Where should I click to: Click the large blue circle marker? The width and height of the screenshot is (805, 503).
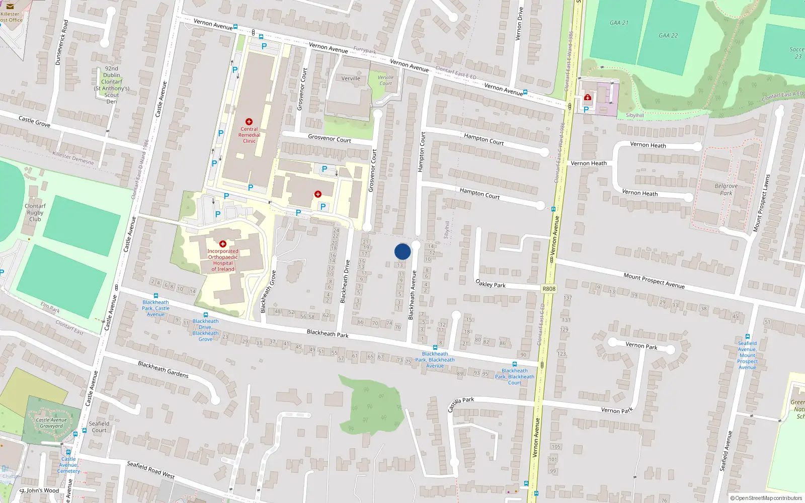(403, 251)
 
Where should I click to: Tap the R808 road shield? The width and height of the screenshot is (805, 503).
(549, 289)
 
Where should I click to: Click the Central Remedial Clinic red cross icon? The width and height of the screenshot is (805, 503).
(249, 122)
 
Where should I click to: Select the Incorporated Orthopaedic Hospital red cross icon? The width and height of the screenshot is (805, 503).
(223, 244)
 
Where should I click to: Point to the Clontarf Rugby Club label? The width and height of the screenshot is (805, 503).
(35, 212)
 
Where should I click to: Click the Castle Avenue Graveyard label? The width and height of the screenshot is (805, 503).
(51, 423)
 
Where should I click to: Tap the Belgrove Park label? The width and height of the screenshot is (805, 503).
(726, 189)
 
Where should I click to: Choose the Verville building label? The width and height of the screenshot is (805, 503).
(351, 78)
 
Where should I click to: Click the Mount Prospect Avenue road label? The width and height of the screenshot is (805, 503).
(654, 281)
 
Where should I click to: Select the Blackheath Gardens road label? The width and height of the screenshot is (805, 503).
(163, 369)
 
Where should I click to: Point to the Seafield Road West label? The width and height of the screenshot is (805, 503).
(150, 470)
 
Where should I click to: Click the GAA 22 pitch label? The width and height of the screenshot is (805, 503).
(668, 36)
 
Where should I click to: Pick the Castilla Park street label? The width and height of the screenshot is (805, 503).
(461, 403)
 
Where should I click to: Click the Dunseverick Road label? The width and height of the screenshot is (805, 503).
(61, 42)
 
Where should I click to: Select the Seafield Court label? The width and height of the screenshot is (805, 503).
(99, 427)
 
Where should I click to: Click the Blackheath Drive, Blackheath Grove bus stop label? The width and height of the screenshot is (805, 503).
(205, 330)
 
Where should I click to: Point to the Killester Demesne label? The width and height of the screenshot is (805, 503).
(73, 158)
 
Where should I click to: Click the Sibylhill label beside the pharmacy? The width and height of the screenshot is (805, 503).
(634, 115)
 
